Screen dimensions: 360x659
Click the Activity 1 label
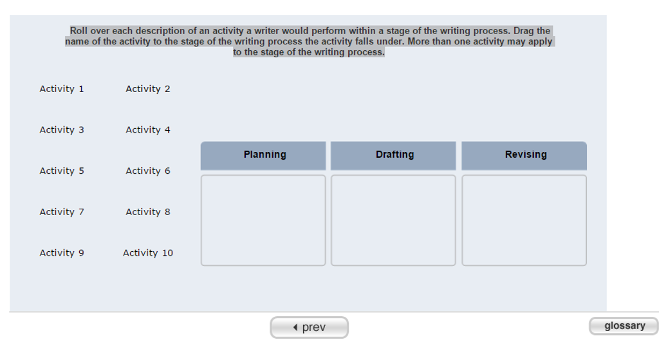pos(62,89)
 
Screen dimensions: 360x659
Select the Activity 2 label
pos(148,89)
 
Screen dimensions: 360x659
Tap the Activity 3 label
pos(62,130)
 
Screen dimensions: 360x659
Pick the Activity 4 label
pos(148,130)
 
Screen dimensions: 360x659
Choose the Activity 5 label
pos(62,171)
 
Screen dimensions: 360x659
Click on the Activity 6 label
pos(148,171)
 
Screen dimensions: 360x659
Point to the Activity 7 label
pos(62,212)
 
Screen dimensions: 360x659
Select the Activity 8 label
pos(148,212)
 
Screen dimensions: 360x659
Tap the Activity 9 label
pos(62,253)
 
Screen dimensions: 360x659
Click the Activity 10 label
pos(148,253)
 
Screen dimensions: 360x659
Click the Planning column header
pos(265,155)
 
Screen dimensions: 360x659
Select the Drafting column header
pos(394,155)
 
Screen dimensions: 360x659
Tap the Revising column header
pos(525,155)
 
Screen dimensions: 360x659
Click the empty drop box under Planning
pos(263,220)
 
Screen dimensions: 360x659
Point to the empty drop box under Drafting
pos(393,220)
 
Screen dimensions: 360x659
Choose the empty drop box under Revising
pos(524,220)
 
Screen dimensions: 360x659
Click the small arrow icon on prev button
pos(295,327)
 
